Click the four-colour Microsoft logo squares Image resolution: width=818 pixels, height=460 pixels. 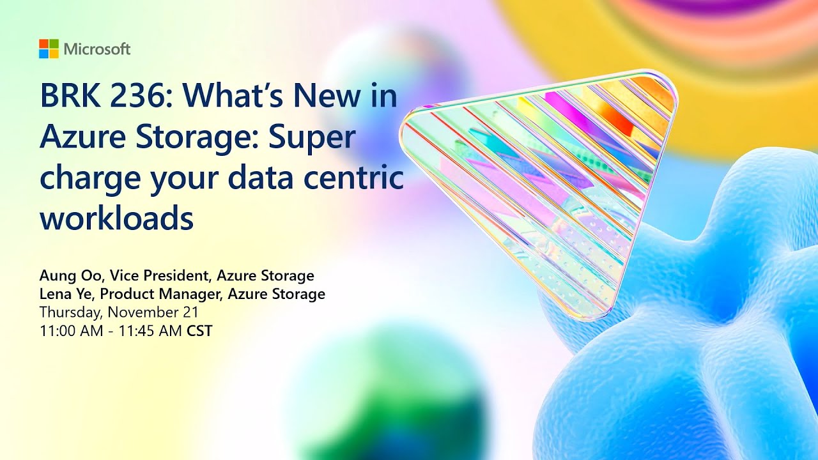click(49, 49)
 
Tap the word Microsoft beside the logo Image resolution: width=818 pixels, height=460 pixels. click(97, 49)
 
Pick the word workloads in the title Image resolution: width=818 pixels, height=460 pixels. click(116, 218)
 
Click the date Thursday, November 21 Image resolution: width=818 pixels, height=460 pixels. click(118, 312)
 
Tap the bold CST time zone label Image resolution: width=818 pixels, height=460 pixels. click(199, 331)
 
